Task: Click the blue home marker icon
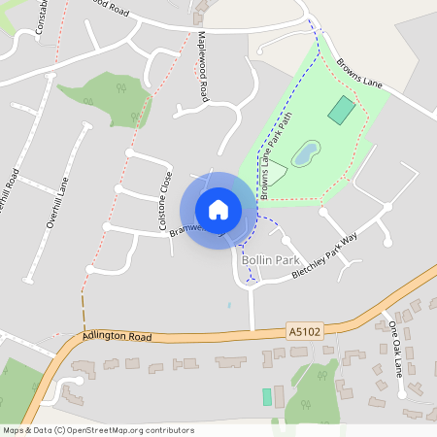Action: coord(218,209)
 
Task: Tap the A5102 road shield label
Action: coord(304,331)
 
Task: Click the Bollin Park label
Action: coord(267,261)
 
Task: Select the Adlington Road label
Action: coord(118,336)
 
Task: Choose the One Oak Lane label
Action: coord(395,344)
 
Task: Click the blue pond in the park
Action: coord(305,152)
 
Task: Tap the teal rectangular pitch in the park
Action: coord(341,109)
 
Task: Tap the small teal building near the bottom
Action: coord(267,396)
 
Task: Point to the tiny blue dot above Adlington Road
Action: coord(229,305)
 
